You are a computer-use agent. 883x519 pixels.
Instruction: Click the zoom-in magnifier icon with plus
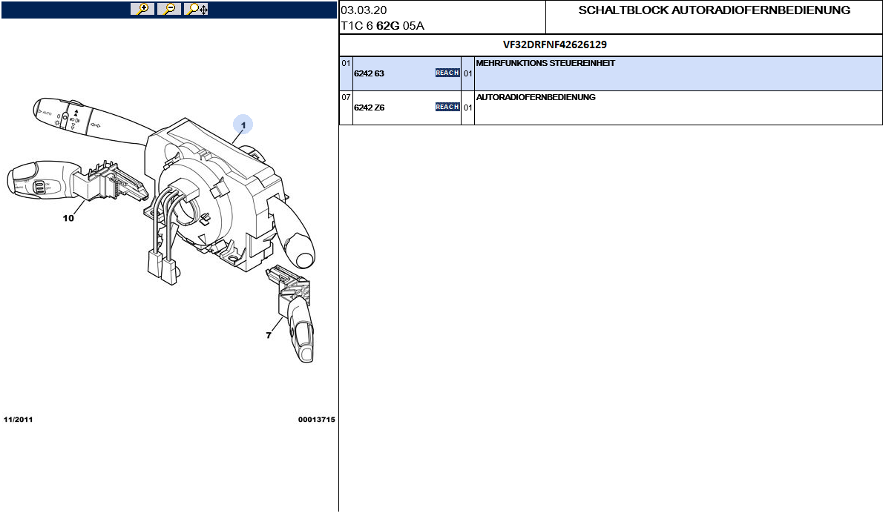coord(142,9)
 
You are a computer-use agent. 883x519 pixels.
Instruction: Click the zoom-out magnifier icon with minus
coord(169,9)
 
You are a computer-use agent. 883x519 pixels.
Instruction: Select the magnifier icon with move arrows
coord(196,9)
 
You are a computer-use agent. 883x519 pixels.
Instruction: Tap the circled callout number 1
coord(243,125)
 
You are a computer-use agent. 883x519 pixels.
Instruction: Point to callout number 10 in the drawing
coord(68,219)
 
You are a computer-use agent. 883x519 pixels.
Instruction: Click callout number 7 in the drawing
coord(269,335)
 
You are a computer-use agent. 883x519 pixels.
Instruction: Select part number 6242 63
coord(369,73)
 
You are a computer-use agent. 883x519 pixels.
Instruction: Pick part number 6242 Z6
coord(369,108)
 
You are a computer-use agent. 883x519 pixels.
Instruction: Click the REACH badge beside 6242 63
coord(447,73)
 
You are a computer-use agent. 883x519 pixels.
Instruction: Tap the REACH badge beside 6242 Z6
coord(447,107)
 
